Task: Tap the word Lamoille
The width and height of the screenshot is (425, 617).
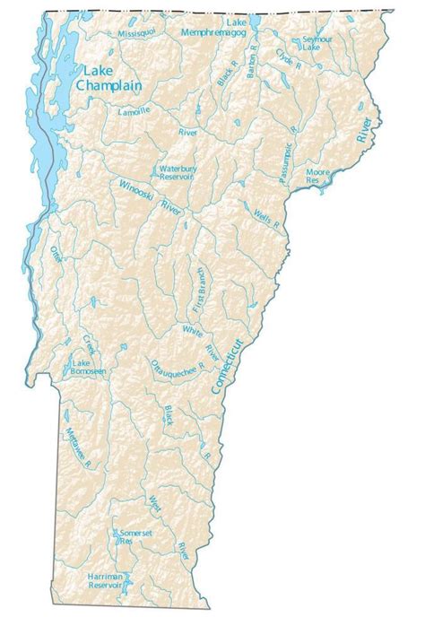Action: (x=137, y=111)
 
